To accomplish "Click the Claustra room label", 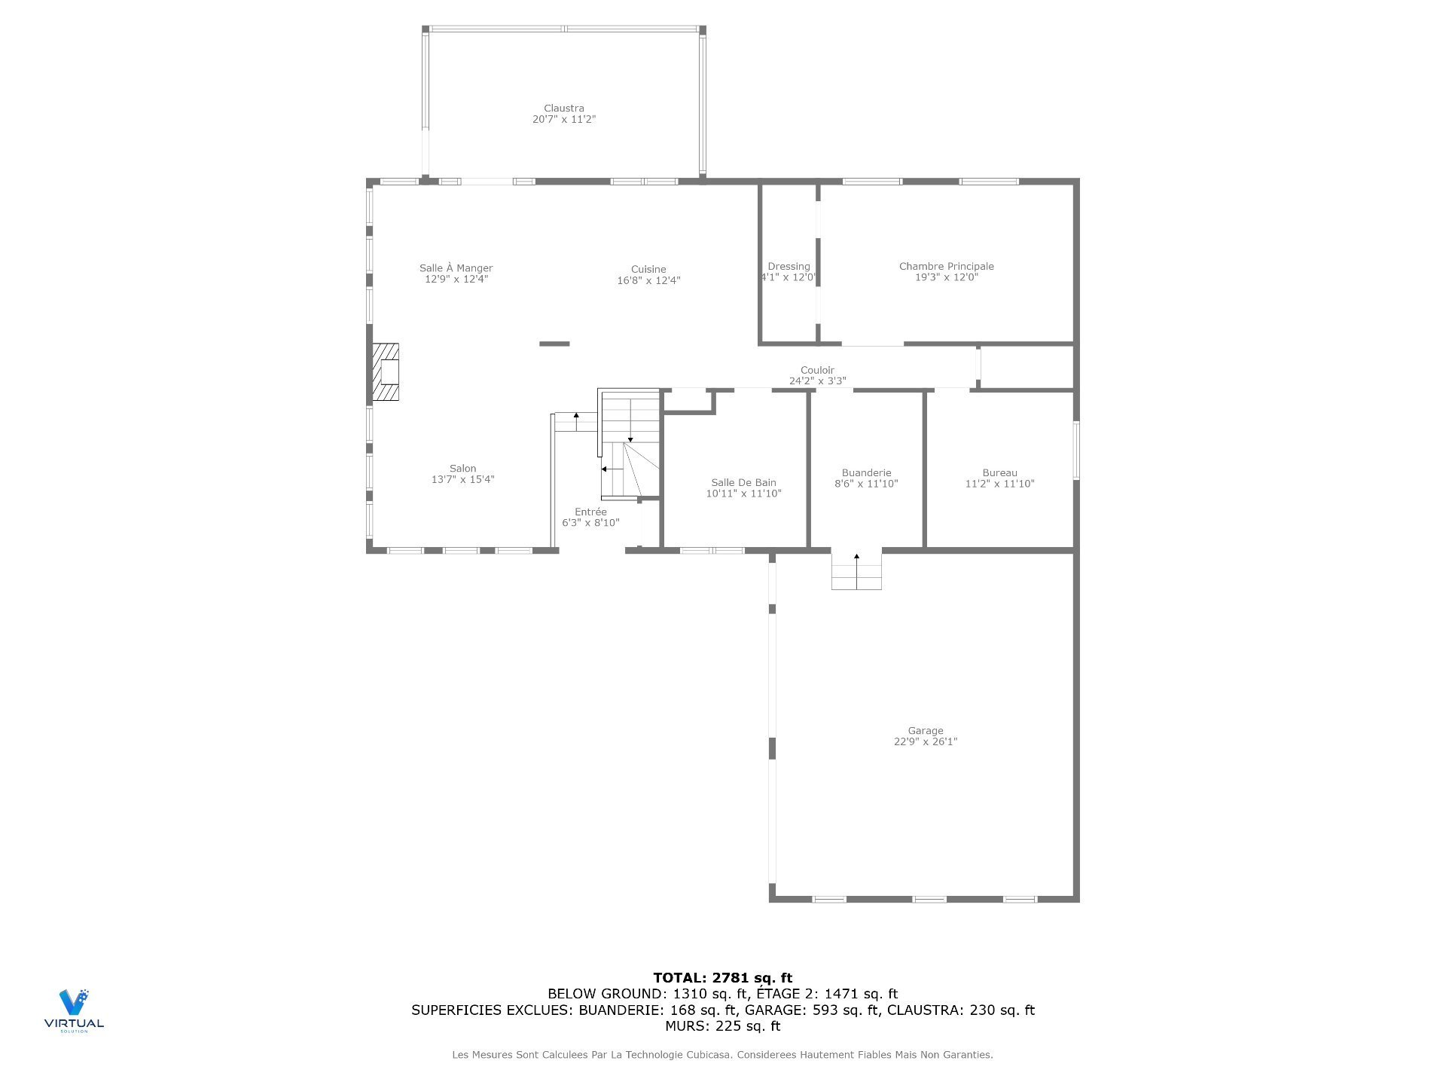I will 563,108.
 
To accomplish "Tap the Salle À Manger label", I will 456,268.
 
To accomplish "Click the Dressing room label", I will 789,267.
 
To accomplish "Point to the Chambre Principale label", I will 946,266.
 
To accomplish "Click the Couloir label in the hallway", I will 816,370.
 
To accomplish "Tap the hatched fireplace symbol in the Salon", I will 386,372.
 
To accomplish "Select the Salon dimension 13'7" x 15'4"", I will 462,479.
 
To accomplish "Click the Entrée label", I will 590,512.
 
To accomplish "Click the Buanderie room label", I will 866,473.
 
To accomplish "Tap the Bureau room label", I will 999,473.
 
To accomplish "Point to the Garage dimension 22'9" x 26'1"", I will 925,741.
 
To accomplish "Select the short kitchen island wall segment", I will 554,344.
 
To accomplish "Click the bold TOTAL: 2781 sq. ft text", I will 722,978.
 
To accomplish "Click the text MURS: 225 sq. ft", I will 722,1026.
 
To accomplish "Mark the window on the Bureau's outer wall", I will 1075,450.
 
